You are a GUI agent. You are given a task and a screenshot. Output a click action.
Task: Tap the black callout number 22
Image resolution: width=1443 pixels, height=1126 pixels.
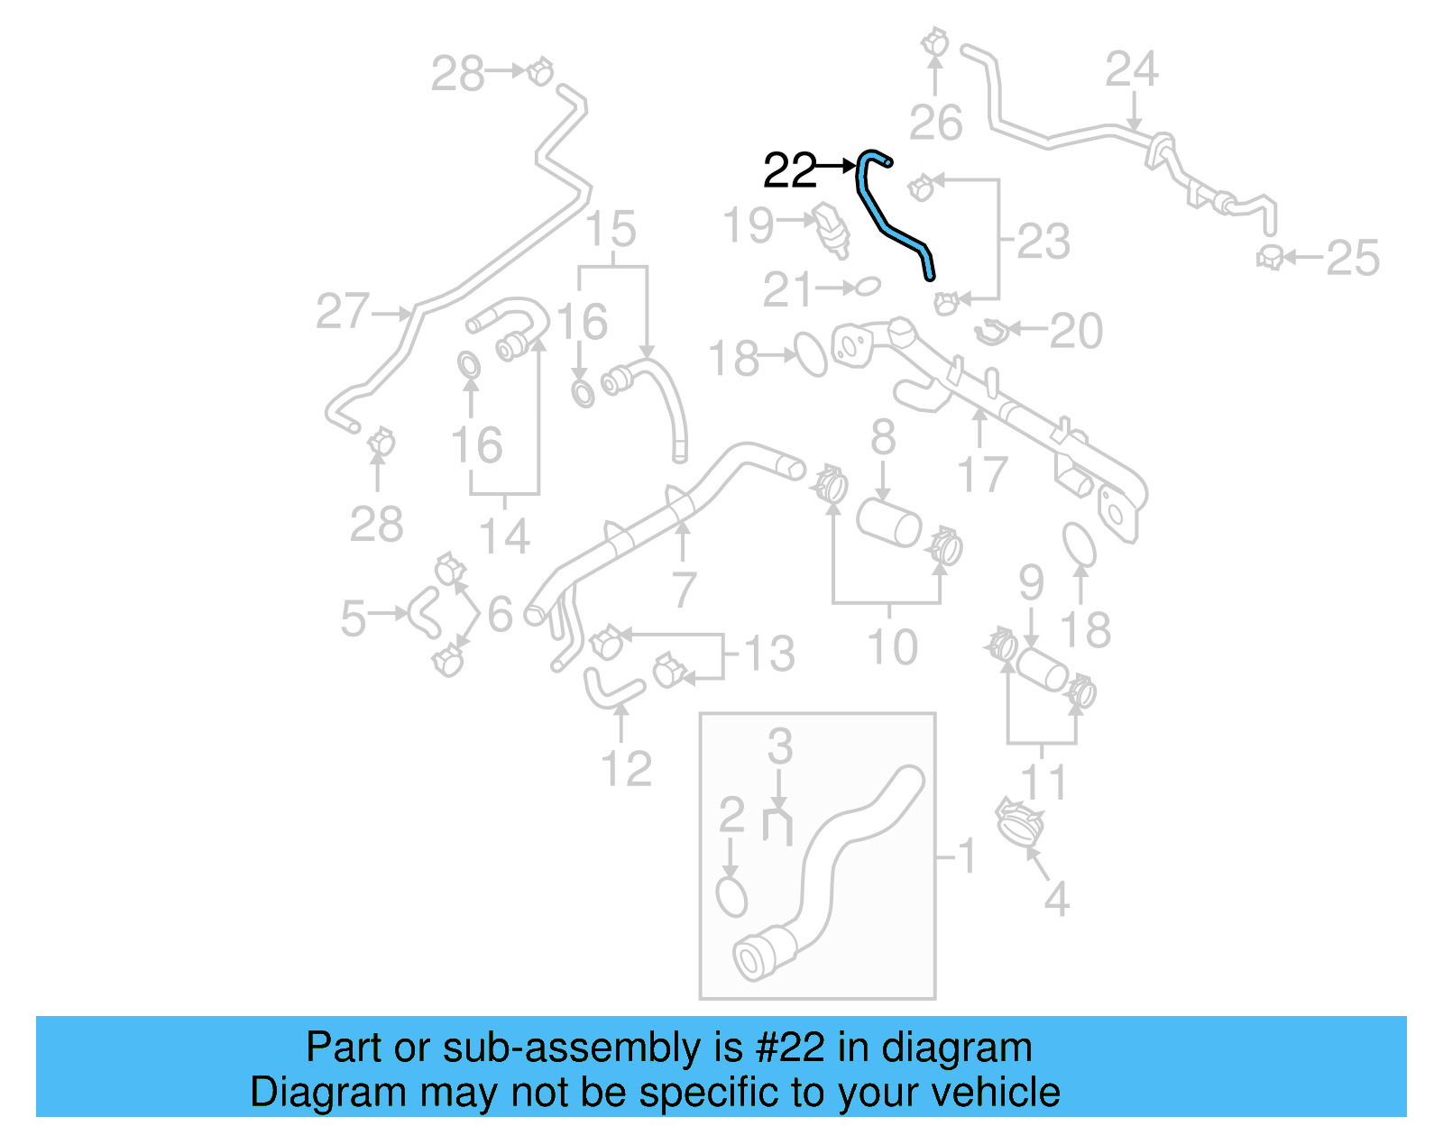(789, 170)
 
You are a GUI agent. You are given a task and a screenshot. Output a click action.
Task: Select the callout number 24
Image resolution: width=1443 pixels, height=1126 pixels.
(1132, 69)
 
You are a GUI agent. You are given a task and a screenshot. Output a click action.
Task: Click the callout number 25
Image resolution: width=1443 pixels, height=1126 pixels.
(1353, 259)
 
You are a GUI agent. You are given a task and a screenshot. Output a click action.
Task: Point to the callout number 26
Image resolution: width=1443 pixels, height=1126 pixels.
(935, 123)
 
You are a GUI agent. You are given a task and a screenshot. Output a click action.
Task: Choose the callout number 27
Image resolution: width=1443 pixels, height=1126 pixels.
(343, 312)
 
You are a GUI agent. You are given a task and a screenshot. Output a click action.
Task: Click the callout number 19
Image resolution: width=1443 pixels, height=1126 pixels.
(748, 225)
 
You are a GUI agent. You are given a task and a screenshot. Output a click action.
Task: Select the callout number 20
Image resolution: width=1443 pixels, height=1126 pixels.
(1076, 332)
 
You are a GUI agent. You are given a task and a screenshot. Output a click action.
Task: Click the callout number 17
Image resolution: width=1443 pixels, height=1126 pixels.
(981, 474)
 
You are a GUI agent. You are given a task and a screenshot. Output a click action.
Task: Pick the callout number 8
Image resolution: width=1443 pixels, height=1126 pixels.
(883, 438)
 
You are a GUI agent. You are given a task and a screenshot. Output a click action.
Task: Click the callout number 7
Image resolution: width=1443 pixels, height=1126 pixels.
(684, 590)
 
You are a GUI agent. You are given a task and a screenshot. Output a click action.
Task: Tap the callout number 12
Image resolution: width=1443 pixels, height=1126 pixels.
(626, 769)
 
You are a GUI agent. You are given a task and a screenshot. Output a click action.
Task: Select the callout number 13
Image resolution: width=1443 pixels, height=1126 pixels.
(769, 654)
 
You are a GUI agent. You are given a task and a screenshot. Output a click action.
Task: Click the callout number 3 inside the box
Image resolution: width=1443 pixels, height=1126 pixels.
(780, 747)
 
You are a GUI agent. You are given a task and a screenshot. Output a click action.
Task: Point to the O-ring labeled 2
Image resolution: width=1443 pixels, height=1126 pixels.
(731, 896)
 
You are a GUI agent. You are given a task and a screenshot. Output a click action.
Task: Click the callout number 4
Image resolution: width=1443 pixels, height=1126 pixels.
(1056, 900)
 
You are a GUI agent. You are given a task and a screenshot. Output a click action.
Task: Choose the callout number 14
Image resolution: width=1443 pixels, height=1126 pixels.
(504, 537)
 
